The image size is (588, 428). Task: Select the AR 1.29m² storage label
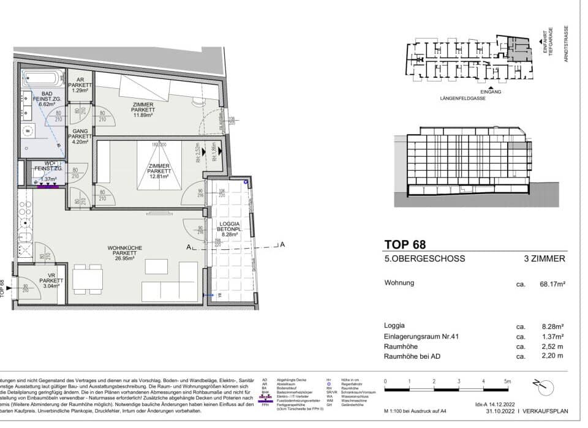[x=80, y=87]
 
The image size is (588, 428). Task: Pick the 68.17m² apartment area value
[x=550, y=283]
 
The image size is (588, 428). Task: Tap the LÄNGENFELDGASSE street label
[x=462, y=98]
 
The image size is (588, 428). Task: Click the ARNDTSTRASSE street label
[x=567, y=43]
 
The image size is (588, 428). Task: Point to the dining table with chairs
[x=88, y=279]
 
